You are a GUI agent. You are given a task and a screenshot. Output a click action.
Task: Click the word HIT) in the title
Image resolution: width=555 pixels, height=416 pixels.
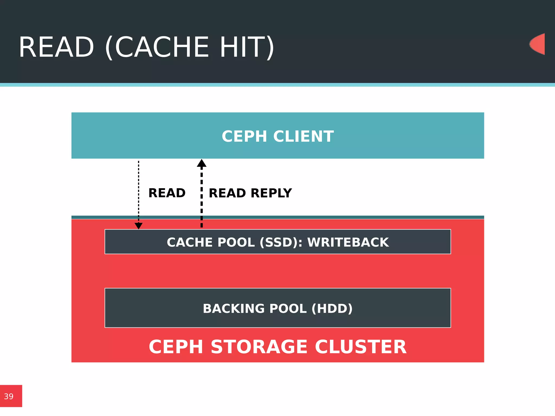pos(247,47)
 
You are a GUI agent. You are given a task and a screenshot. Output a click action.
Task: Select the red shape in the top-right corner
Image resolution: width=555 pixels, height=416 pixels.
pos(538,44)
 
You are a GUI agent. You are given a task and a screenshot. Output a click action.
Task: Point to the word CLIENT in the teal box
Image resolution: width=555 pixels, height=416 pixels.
pos(304,136)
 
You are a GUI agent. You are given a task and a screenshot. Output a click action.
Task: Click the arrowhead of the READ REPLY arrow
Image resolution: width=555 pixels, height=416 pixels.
pos(202,163)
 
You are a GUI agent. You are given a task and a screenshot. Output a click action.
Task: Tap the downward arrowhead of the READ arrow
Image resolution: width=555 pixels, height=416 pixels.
pos(138,226)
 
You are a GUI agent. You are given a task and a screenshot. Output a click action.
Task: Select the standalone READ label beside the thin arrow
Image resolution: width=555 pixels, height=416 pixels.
pos(167,193)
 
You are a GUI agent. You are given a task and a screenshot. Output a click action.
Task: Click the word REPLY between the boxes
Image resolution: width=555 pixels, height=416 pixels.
pos(271,193)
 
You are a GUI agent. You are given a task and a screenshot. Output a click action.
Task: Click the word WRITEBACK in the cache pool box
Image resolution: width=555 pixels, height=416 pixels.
pos(348,242)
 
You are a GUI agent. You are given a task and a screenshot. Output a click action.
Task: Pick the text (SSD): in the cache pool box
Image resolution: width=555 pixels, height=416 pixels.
pos(281,242)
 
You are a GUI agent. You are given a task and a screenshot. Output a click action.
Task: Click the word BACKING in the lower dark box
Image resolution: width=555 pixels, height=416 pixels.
pos(234,308)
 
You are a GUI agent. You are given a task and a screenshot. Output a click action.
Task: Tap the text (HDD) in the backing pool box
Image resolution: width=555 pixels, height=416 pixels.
pos(332,308)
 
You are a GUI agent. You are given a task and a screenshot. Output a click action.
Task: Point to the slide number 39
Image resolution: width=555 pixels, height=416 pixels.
pos(9,396)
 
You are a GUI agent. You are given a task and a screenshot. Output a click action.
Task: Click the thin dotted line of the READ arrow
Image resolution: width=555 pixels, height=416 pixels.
pos(138,190)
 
